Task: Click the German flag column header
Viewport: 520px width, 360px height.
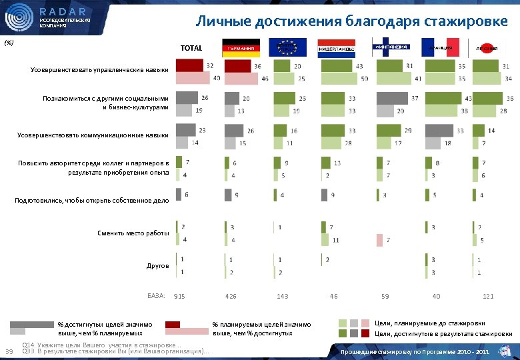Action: coord(242,48)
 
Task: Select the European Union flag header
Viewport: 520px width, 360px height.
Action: coord(287,48)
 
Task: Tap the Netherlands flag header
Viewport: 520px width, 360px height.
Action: coord(335,48)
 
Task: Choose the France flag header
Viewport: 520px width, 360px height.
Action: coord(439,48)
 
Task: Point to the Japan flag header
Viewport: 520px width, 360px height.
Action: coord(489,48)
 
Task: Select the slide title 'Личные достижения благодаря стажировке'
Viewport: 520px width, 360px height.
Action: coord(351,21)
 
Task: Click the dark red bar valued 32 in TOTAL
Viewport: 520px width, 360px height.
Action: coord(189,66)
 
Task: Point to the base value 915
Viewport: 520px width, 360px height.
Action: coord(179,296)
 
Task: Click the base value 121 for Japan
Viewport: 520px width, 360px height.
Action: coord(488,296)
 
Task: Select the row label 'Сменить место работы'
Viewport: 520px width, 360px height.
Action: coord(133,233)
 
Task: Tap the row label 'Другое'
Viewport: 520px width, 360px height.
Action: coord(157,266)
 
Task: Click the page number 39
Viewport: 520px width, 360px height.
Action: coord(9,351)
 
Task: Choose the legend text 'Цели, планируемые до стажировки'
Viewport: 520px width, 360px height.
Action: coord(430,323)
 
